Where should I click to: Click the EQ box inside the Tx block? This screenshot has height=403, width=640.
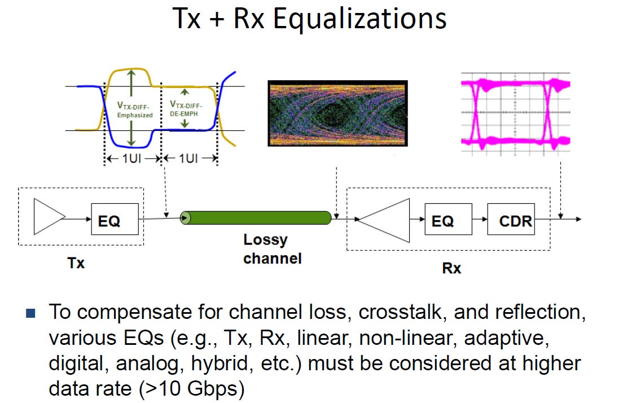pos(115,219)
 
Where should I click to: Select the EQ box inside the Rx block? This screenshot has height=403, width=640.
pos(448,219)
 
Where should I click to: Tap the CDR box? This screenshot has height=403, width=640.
pos(511,219)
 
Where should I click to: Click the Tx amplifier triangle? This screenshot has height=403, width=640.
pos(50,217)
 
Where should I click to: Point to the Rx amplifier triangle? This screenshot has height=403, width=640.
pos(384,220)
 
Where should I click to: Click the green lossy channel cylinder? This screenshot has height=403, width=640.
pos(256,218)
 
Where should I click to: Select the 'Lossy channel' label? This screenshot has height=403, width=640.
pos(272,249)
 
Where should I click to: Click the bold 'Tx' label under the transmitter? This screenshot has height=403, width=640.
pos(76,262)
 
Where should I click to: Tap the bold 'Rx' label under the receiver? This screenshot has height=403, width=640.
pos(451,268)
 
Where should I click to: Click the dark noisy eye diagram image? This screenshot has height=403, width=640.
pos(337,113)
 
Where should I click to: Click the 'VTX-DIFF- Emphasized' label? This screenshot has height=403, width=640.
pos(135,110)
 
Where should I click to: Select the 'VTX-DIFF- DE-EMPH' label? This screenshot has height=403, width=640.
pos(186,108)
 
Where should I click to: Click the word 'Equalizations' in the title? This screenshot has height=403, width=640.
pos(360,19)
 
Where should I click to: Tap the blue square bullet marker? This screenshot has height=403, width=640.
pos(30,313)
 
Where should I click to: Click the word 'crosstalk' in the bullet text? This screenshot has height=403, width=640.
pos(400,312)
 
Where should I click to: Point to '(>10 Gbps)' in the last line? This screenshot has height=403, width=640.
pos(192,389)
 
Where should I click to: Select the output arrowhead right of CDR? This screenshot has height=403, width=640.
pos(578,219)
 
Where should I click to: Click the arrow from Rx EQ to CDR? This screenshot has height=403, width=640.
pos(480,219)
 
